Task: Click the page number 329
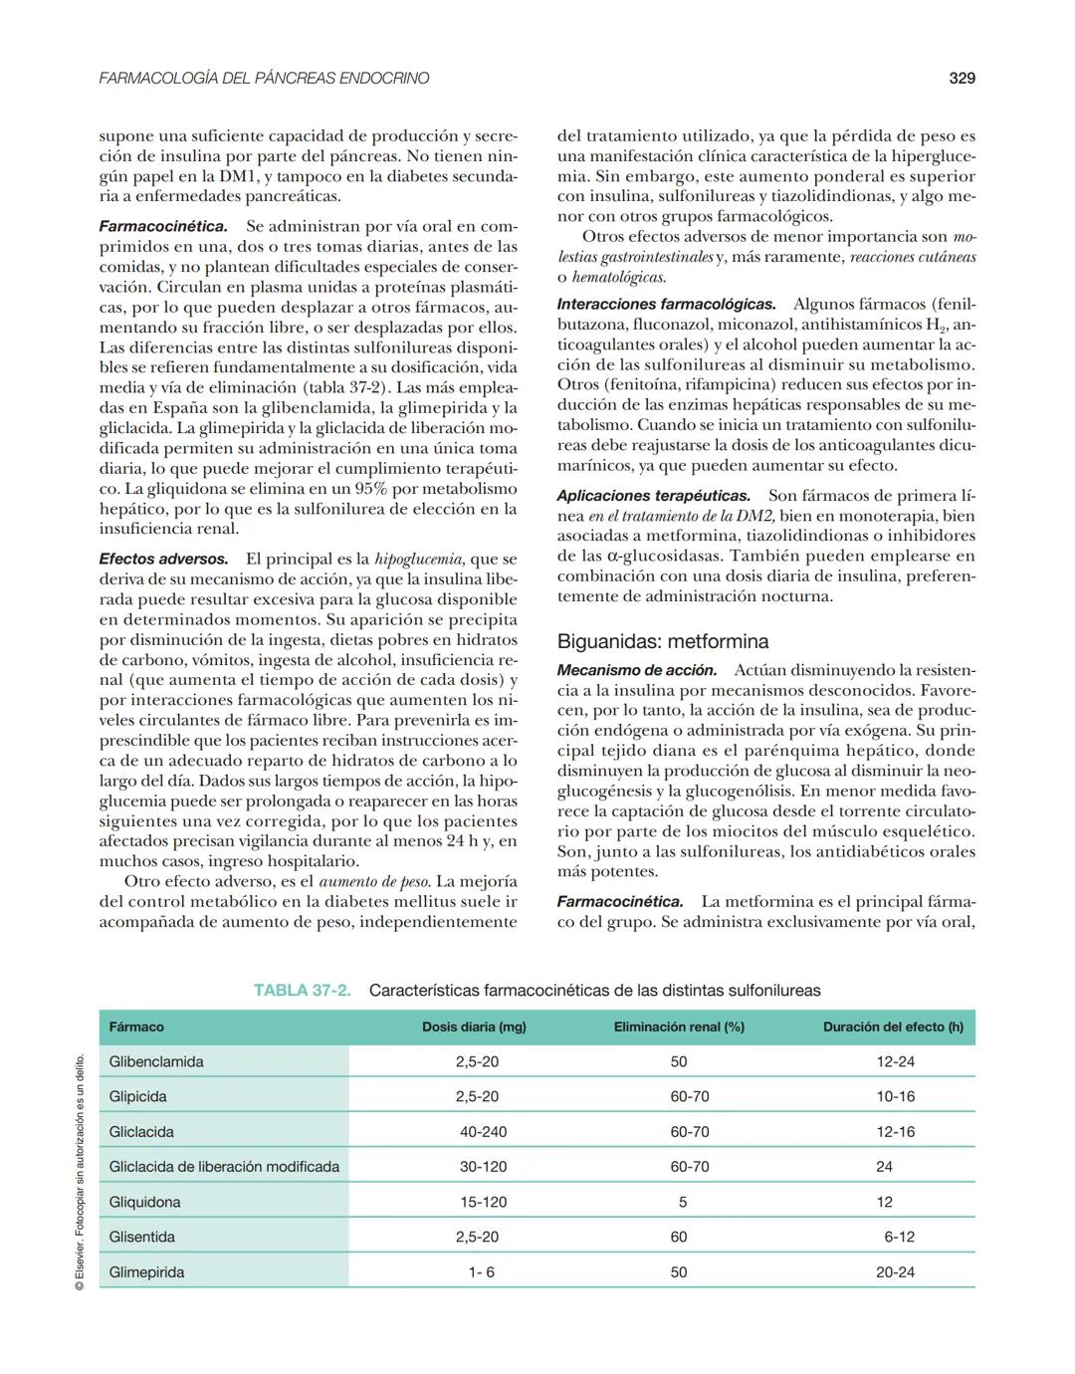[961, 78]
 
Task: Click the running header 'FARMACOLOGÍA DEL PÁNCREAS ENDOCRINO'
[264, 78]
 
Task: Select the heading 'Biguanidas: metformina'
[662, 641]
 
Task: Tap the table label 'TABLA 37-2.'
[302, 990]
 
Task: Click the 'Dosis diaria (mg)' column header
[473, 1027]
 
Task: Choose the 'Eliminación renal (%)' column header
[679, 1027]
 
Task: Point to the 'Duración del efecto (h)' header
[893, 1027]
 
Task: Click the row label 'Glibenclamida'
[156, 1061]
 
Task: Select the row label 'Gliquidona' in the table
[145, 1202]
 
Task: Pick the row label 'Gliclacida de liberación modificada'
[224, 1166]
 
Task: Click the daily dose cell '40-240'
[483, 1131]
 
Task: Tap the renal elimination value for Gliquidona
[682, 1202]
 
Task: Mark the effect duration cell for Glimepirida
[895, 1271]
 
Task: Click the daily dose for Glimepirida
[481, 1271]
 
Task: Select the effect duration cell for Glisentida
[899, 1237]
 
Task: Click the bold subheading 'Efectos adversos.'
[163, 559]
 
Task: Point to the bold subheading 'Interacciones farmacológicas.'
[666, 304]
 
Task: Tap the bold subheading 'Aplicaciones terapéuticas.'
[653, 495]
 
